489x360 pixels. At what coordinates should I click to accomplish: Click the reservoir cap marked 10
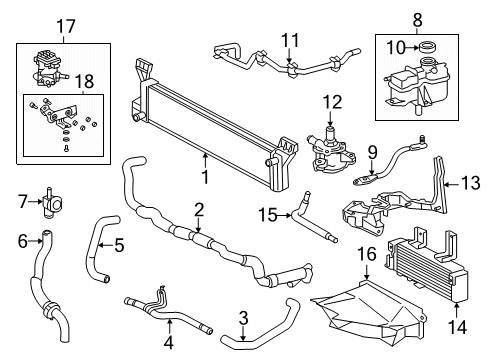pyautogui.click(x=427, y=46)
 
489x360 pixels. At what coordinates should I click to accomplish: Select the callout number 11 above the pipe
pyautogui.click(x=289, y=41)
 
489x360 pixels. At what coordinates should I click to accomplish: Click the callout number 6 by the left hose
pyautogui.click(x=23, y=240)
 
